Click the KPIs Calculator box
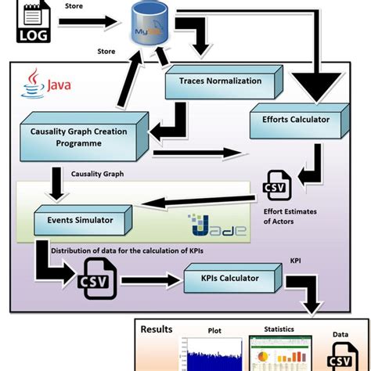point(229,279)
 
